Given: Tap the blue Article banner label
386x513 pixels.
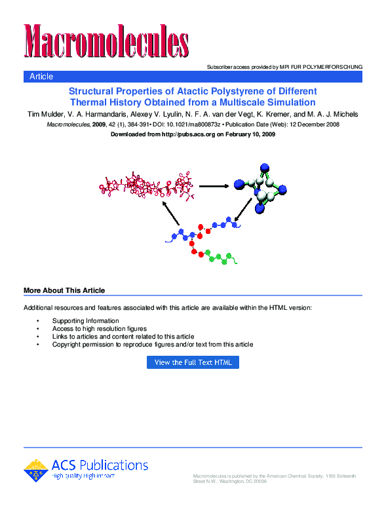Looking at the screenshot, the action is tap(41, 77).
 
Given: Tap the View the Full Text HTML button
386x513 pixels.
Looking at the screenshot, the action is tap(193, 362).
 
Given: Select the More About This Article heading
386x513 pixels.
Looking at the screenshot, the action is tap(64, 290).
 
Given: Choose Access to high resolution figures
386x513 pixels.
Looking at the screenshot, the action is tap(100, 328).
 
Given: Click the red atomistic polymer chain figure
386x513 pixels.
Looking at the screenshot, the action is tap(147, 185).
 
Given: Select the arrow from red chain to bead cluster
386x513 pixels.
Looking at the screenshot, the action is tap(213, 185).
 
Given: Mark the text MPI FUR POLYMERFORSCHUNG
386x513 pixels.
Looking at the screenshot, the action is tap(320, 67).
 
